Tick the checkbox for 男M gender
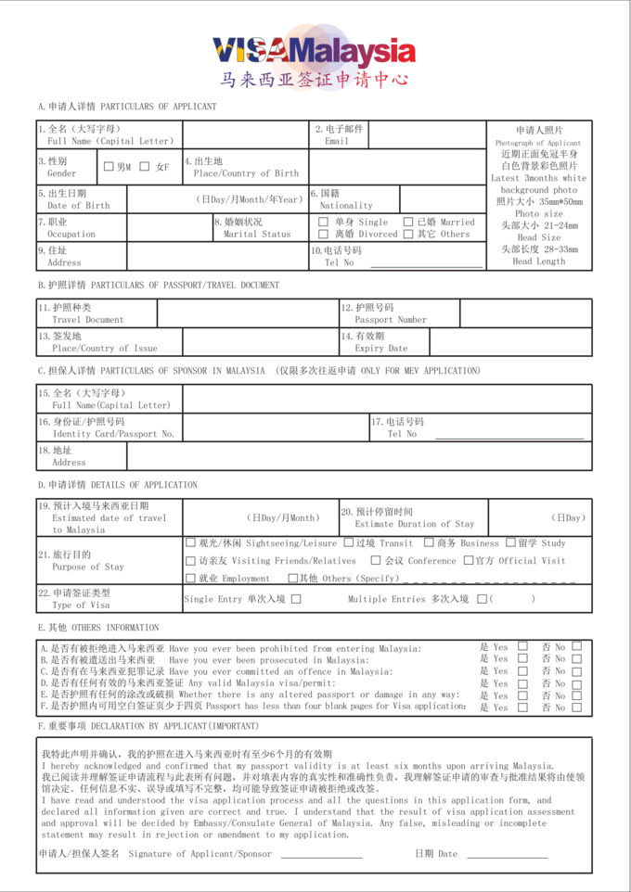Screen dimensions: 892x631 coord(109,167)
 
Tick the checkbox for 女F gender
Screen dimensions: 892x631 coord(145,167)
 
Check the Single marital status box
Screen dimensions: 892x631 coord(323,223)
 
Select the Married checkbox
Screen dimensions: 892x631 coord(408,223)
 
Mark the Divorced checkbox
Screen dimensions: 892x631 coord(323,235)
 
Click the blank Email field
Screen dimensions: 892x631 coord(427,135)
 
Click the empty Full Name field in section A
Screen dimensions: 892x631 coord(241,135)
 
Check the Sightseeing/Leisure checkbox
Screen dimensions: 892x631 coord(191,543)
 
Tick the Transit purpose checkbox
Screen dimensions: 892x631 coord(349,543)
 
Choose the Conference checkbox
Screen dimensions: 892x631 coord(376,561)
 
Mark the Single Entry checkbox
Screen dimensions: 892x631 coord(297,599)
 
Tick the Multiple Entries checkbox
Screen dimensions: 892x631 coord(482,599)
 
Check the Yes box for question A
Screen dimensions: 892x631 coord(522,646)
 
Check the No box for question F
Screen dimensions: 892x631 coord(577,707)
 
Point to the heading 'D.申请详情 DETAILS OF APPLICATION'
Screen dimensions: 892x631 coord(118,485)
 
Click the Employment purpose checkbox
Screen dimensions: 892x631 coord(191,578)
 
